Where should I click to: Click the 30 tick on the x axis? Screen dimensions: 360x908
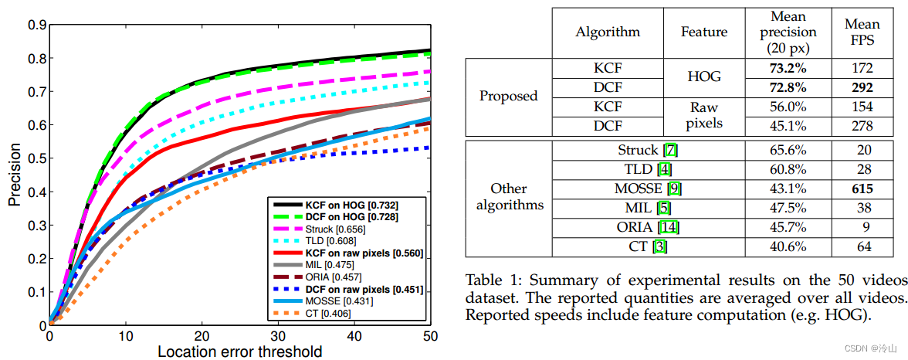pyautogui.click(x=278, y=336)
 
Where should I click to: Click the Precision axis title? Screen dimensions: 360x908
pyautogui.click(x=15, y=174)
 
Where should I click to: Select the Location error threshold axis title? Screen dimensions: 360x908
pyautogui.click(x=239, y=352)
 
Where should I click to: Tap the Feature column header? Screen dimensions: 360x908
pyautogui.click(x=703, y=32)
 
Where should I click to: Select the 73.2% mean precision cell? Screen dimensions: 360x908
pyautogui.click(x=788, y=68)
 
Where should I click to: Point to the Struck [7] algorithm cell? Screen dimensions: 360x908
pyautogui.click(x=648, y=150)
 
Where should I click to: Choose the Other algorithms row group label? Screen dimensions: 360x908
pyautogui.click(x=509, y=198)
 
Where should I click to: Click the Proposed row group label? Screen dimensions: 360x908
pyautogui.click(x=509, y=97)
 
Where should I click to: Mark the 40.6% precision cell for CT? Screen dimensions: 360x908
pyautogui.click(x=788, y=246)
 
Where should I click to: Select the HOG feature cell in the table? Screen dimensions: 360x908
pyautogui.click(x=703, y=77)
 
